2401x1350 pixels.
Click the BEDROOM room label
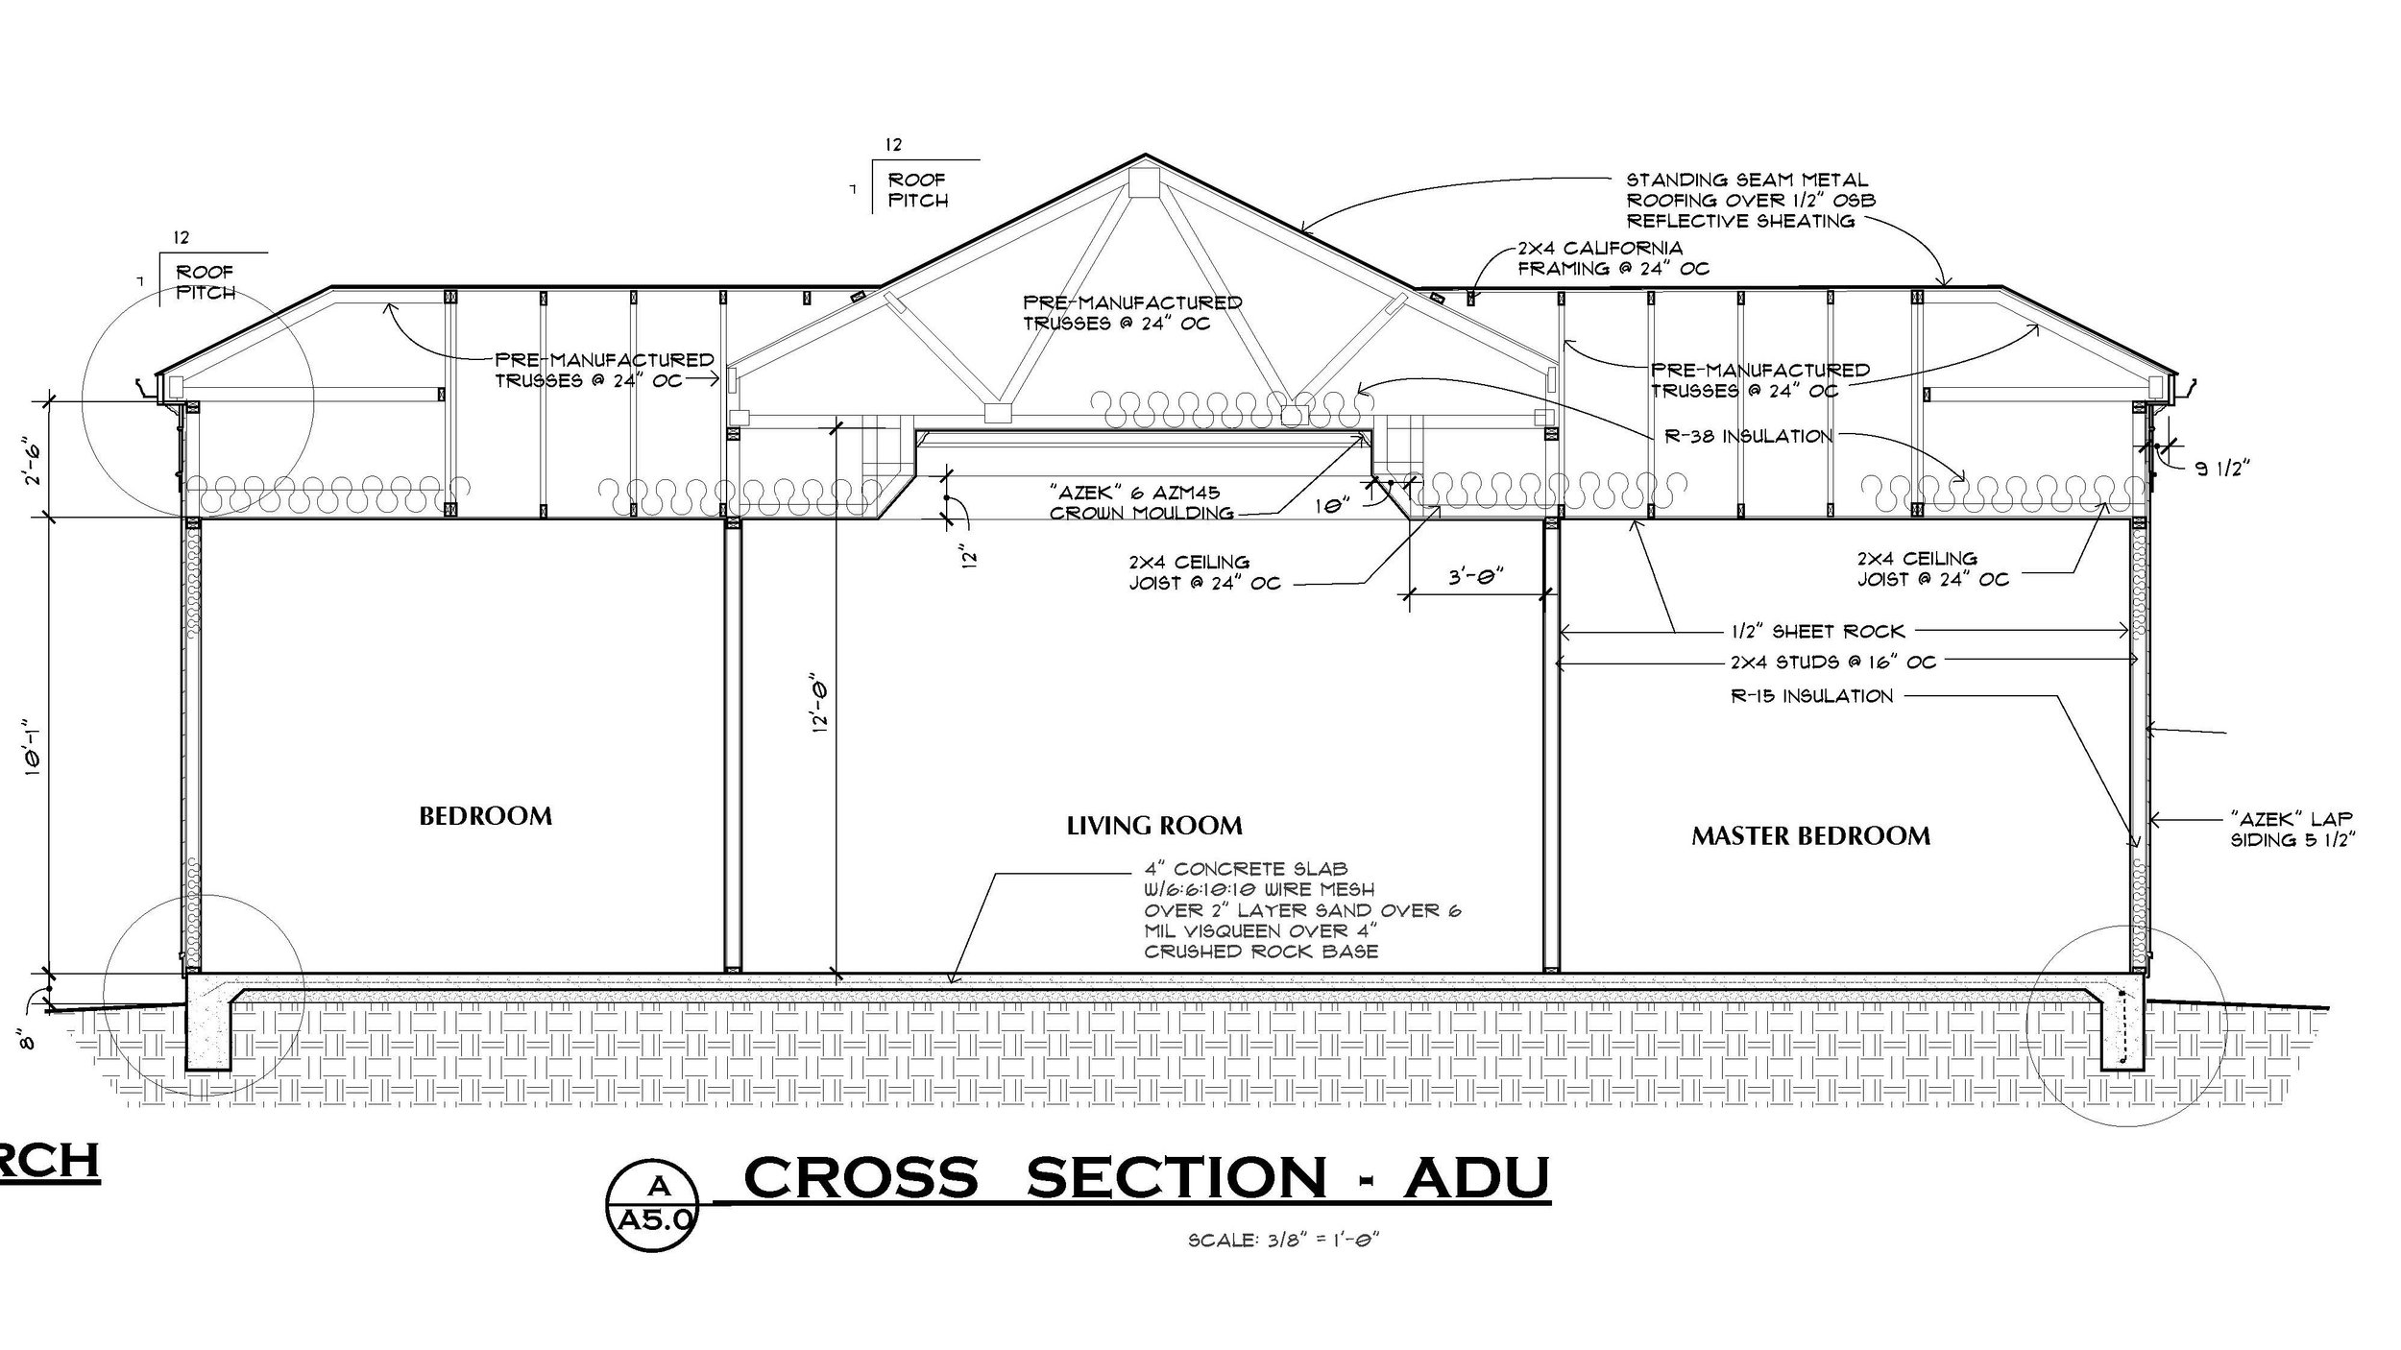(485, 816)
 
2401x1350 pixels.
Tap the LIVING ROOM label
(1154, 825)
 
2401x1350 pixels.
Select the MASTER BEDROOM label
(1810, 836)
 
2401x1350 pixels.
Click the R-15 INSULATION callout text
(1811, 696)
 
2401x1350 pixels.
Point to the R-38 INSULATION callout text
(1748, 436)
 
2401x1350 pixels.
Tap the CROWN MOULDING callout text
(1141, 513)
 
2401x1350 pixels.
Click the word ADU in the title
(1476, 1179)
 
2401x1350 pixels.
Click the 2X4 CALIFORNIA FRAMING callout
(1613, 258)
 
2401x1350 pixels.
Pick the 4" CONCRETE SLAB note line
(1245, 870)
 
